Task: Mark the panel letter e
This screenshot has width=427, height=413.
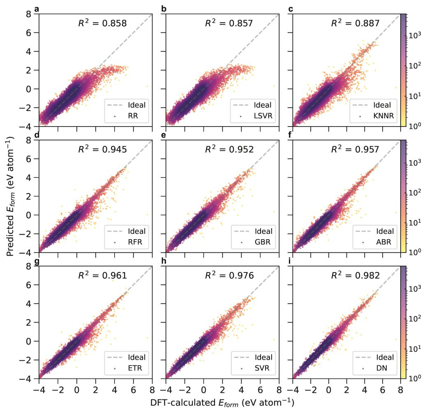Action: [x=164, y=135]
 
